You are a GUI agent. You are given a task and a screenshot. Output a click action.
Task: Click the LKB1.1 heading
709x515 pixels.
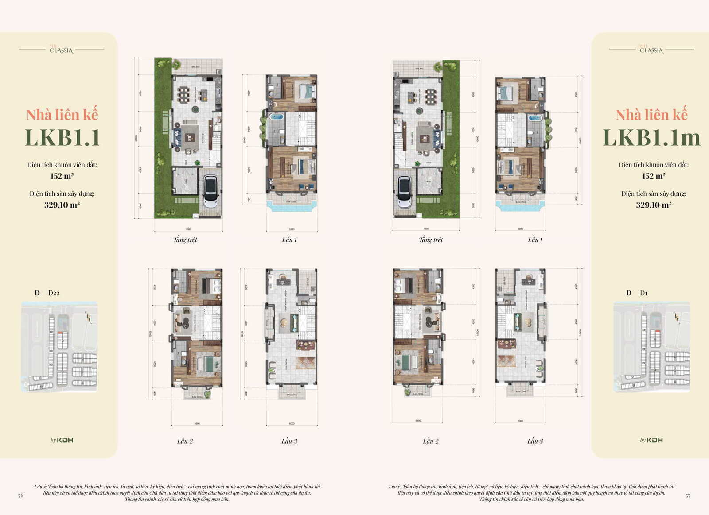coord(62,137)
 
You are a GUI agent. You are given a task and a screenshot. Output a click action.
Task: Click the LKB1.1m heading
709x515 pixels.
coord(651,137)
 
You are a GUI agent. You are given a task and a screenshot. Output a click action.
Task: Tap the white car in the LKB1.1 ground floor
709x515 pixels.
coord(210,191)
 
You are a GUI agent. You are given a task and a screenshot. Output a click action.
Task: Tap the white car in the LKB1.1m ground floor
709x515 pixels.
coord(405,191)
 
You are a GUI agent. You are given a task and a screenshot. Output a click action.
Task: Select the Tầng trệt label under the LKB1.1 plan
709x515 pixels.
coord(185,240)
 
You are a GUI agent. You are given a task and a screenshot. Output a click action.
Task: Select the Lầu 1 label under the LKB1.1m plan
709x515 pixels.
coord(535,240)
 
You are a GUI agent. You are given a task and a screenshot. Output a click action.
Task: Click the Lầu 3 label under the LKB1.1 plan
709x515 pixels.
coord(289,441)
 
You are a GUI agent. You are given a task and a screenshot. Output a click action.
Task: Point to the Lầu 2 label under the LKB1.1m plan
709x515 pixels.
coord(430,441)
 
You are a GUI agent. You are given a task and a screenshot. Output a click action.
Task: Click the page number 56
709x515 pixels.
coord(21,495)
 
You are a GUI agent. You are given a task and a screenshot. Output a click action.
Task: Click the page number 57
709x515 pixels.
coord(688,496)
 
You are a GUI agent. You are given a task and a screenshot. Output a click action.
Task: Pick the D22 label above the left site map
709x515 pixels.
coord(54,293)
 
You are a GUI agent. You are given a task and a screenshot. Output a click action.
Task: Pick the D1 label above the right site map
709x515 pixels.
coord(643,293)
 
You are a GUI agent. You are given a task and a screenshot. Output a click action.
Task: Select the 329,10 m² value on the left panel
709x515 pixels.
coord(62,205)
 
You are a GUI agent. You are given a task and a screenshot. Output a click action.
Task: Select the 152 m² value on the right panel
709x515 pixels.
coord(654,176)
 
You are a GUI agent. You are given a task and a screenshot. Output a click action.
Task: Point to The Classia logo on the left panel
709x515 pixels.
coord(61,49)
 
